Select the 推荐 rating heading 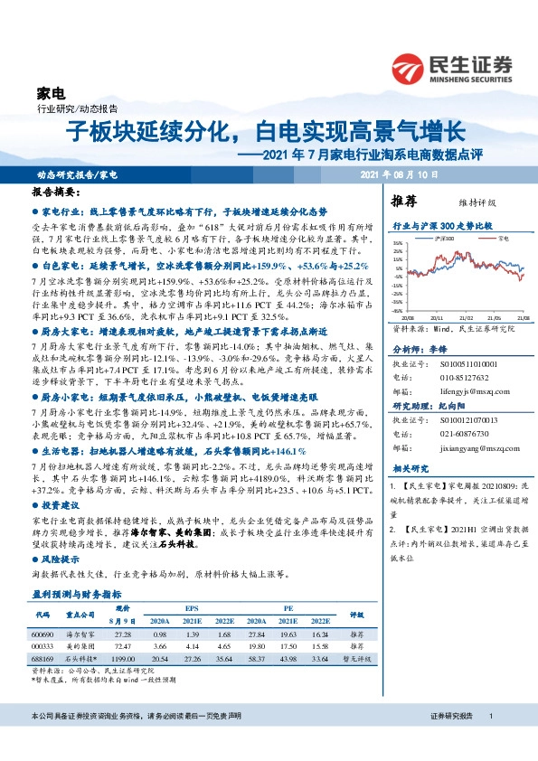403,200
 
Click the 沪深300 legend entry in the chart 446,238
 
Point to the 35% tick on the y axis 397,244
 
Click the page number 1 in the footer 490,741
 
